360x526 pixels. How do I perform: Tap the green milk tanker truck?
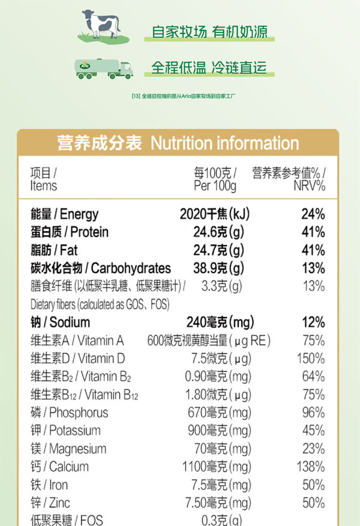104,68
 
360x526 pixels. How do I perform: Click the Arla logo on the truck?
85,66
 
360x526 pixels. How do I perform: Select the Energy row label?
65,214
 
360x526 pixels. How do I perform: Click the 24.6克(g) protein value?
218,232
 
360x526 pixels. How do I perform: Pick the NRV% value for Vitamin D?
311,358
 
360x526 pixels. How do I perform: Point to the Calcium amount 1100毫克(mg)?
217,467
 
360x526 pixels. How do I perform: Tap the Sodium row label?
61,322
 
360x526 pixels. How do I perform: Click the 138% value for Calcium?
311,467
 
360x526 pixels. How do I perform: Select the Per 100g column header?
215,180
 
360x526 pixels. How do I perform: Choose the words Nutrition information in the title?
224,144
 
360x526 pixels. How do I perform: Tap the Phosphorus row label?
70,413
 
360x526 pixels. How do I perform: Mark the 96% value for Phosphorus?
313,413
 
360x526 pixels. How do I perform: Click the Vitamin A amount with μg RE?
209,340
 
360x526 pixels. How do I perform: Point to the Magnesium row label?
68,449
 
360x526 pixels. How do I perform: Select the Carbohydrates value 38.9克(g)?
218,268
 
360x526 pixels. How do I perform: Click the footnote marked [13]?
184,96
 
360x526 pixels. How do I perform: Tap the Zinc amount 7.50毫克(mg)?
218,503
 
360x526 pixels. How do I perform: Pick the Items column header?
44,180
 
